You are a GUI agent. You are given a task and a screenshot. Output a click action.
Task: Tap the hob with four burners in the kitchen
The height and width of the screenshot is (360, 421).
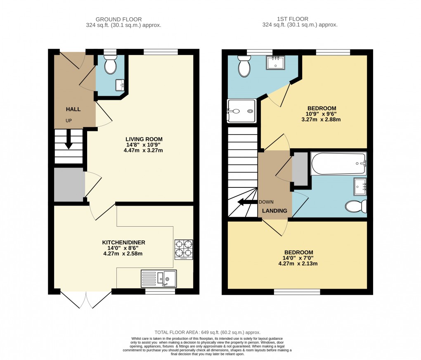[x=184, y=249]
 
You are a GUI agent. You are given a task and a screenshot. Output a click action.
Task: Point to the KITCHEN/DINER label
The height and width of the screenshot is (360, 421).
[x=124, y=242]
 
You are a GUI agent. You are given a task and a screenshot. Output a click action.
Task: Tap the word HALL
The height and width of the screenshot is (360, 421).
[x=73, y=109]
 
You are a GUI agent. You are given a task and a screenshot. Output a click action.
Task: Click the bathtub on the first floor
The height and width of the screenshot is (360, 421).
[x=338, y=163]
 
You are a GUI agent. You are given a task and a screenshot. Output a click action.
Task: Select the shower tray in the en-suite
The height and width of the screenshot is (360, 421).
[x=242, y=111]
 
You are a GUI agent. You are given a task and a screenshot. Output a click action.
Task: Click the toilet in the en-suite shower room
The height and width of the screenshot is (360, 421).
[x=244, y=67]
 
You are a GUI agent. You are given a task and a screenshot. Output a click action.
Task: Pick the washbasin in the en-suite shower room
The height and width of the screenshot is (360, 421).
[x=275, y=62]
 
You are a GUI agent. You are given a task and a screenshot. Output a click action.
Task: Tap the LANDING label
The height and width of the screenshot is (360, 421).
[x=275, y=211]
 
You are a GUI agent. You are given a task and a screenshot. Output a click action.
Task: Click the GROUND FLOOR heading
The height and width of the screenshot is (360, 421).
[x=118, y=19]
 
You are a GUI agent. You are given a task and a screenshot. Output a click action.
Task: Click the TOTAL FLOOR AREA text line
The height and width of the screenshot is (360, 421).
[x=207, y=332]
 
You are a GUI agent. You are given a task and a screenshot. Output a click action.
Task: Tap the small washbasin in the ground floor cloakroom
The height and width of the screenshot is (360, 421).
[x=121, y=85]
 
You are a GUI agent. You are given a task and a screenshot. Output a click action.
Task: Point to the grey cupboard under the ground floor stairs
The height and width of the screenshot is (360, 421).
[x=69, y=185]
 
